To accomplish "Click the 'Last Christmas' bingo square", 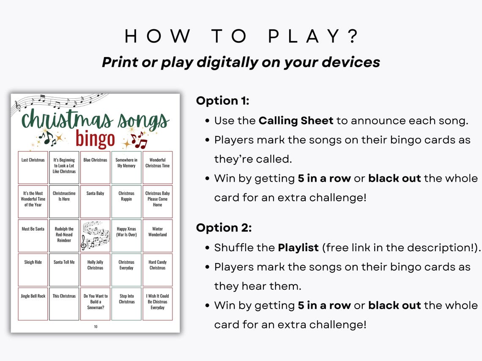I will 33,167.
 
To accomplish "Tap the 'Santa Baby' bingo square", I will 95,201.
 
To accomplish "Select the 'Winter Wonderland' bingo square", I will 157,236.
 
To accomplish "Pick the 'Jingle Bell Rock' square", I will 33,304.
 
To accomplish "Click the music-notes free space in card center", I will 95,236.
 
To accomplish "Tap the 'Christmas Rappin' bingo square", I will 126,201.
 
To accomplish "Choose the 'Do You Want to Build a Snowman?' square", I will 95,304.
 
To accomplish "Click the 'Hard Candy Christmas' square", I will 157,269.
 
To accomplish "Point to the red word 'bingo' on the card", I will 95,139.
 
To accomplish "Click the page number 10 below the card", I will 96,326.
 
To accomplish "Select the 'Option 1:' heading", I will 223,101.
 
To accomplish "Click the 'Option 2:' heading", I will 224,228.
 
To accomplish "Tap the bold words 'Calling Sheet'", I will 296,121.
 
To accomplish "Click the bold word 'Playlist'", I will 298,248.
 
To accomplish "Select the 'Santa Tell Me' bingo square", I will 64,269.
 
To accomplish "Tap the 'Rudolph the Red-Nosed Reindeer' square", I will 64,236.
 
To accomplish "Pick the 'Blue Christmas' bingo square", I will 95,167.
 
